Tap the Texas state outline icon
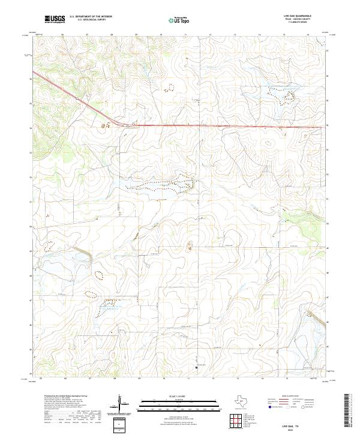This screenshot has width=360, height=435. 245,401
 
